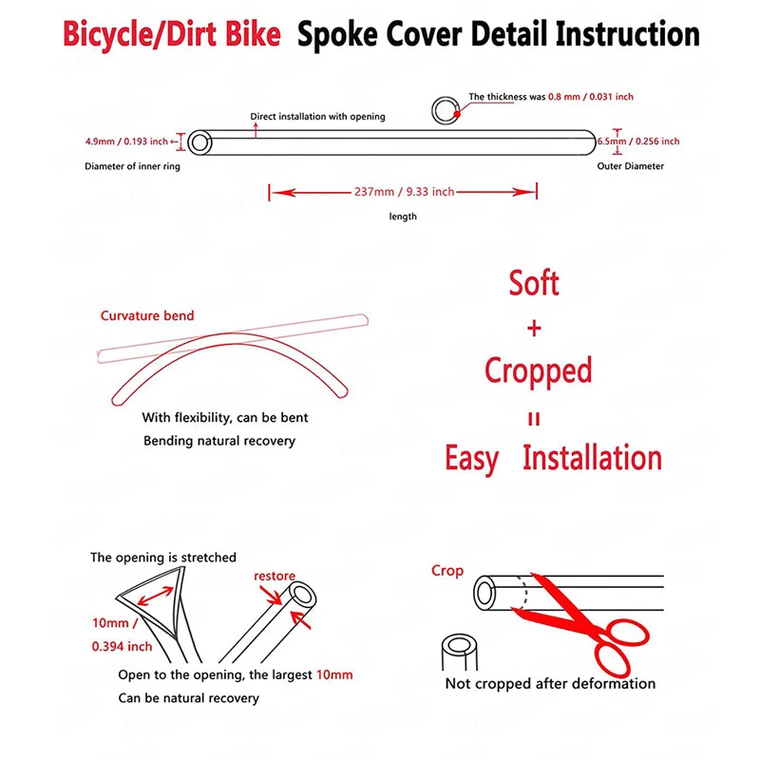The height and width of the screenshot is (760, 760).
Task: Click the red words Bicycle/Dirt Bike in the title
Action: (172, 35)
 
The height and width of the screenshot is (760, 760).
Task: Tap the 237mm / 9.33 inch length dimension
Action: (403, 192)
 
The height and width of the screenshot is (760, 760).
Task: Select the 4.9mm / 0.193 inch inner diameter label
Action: (125, 142)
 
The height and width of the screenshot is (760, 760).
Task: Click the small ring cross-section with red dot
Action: (444, 110)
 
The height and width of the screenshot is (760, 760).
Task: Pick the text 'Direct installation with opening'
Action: (317, 117)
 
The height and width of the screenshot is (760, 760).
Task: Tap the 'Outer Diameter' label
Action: (631, 166)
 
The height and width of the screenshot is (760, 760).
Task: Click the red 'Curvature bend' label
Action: (147, 315)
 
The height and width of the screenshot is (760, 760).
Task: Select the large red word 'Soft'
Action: (534, 283)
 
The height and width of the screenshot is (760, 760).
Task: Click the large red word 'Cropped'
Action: (538, 370)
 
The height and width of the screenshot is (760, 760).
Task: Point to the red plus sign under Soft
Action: (534, 329)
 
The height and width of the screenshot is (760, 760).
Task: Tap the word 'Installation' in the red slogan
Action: (593, 458)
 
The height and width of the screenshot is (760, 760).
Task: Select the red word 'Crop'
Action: (447, 571)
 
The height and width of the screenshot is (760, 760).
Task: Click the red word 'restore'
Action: (274, 576)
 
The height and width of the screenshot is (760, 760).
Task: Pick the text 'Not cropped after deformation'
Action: (551, 683)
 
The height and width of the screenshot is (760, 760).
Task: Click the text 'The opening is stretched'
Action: (163, 557)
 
